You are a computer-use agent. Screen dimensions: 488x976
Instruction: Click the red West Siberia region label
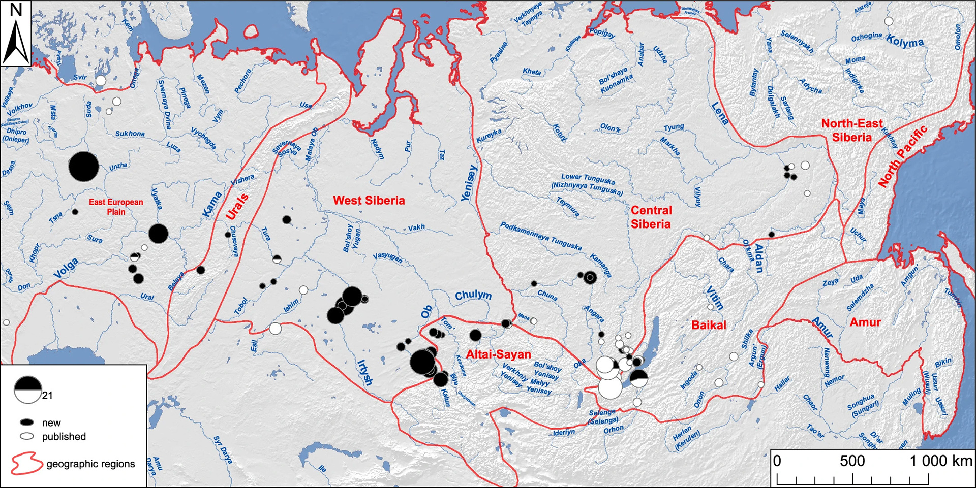(369, 201)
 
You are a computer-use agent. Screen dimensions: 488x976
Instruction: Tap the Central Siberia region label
(651, 217)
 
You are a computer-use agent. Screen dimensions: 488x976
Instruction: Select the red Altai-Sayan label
(498, 354)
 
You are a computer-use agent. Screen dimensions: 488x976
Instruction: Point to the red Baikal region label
(709, 325)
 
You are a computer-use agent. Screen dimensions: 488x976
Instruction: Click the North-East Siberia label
(852, 131)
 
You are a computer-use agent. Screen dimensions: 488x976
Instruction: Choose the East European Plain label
(116, 207)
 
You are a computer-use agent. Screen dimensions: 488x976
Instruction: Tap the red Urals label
(237, 207)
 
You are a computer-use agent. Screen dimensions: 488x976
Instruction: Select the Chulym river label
(473, 296)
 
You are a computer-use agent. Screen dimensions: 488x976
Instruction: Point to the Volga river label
(67, 268)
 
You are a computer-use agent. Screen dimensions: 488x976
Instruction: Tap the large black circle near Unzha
(83, 167)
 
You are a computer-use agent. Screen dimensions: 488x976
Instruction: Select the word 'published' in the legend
(64, 437)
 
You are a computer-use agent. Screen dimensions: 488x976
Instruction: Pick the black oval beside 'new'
(27, 422)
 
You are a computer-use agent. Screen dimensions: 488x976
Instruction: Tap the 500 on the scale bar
(852, 461)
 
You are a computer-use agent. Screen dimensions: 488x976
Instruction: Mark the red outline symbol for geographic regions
(26, 464)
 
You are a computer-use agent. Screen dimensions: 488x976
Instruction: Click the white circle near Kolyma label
(889, 21)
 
